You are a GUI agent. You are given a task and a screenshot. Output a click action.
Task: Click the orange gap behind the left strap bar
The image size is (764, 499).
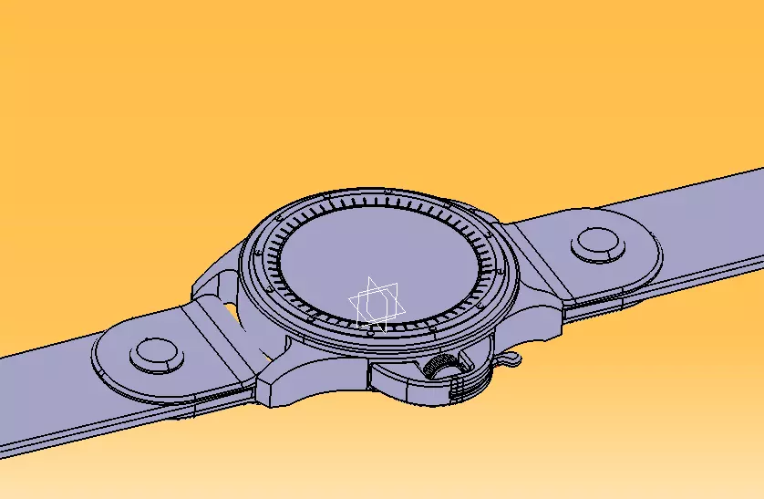click(x=232, y=315)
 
